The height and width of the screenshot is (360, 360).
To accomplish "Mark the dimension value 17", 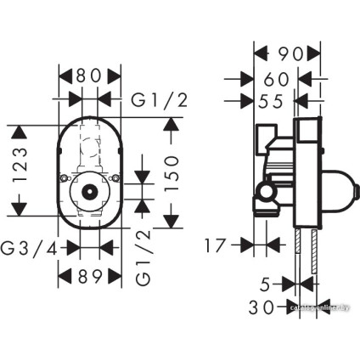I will click(218, 246).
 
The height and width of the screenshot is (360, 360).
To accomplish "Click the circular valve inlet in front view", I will click(88, 193).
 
